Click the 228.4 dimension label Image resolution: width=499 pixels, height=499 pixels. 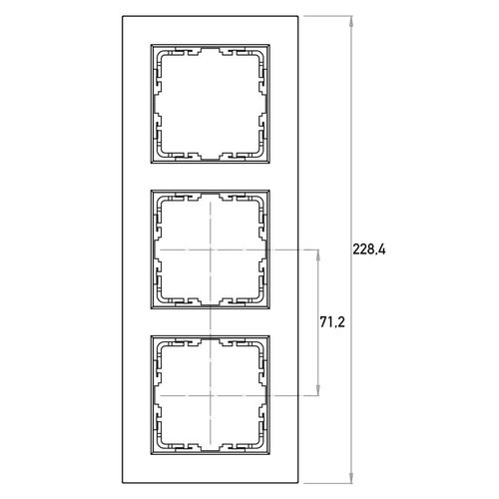pyautogui.click(x=369, y=249)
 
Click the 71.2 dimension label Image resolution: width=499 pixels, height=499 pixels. pyautogui.click(x=332, y=322)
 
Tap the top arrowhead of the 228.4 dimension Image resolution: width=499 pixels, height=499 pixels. pyautogui.click(x=351, y=21)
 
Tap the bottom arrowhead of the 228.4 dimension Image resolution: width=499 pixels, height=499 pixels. pyautogui.click(x=351, y=478)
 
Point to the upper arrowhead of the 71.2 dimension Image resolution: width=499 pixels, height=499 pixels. pyautogui.click(x=318, y=254)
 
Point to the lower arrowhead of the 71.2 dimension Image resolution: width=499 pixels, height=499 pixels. pyautogui.click(x=318, y=390)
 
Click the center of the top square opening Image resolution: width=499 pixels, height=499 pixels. pyautogui.click(x=211, y=104)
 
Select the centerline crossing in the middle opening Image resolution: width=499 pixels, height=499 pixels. pyautogui.click(x=211, y=249)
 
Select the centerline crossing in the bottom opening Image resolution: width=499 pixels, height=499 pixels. pyautogui.click(x=211, y=395)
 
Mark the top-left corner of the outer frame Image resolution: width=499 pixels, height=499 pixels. pyautogui.click(x=123, y=16)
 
